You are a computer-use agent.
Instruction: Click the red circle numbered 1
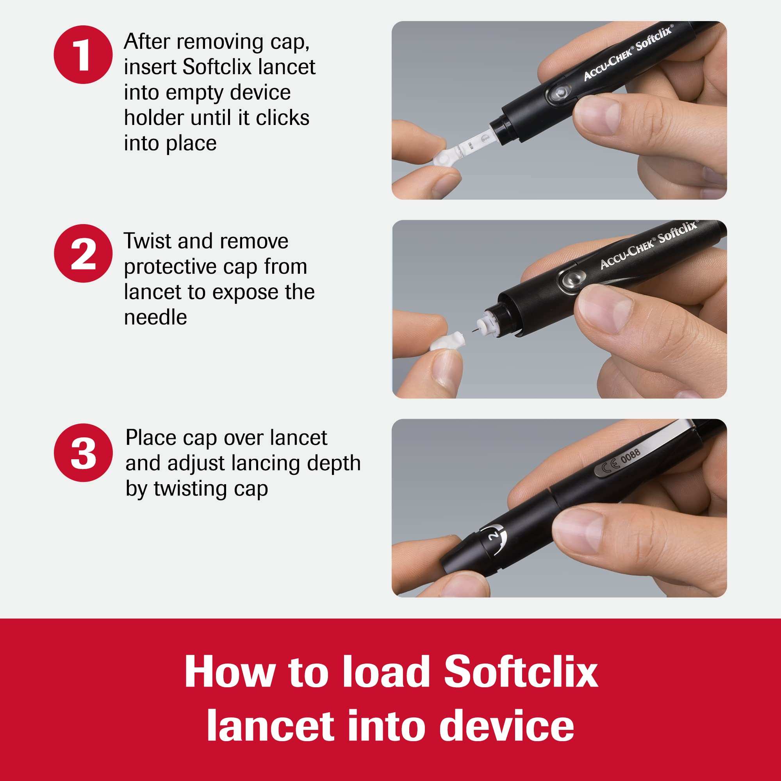tap(83, 55)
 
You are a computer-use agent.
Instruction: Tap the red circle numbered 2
tap(83, 254)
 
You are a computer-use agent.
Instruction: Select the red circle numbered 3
tap(83, 453)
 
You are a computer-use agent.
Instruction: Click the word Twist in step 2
tap(148, 241)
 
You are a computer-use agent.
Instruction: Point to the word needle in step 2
tap(155, 317)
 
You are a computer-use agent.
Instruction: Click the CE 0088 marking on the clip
tap(621, 461)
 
